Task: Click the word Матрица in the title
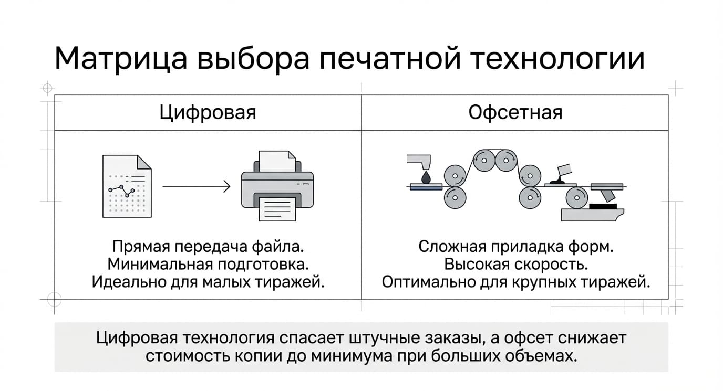tap(121, 59)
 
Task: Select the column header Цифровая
tap(208, 113)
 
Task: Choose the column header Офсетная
tap(515, 112)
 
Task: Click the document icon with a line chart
tap(127, 186)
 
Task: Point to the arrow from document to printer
tap(196, 186)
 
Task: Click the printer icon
tap(277, 186)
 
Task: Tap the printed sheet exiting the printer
tap(277, 209)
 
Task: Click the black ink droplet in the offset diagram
tap(426, 178)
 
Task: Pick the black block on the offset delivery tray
tap(603, 206)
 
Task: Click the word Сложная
tap(452, 247)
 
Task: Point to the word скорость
tap(551, 265)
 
